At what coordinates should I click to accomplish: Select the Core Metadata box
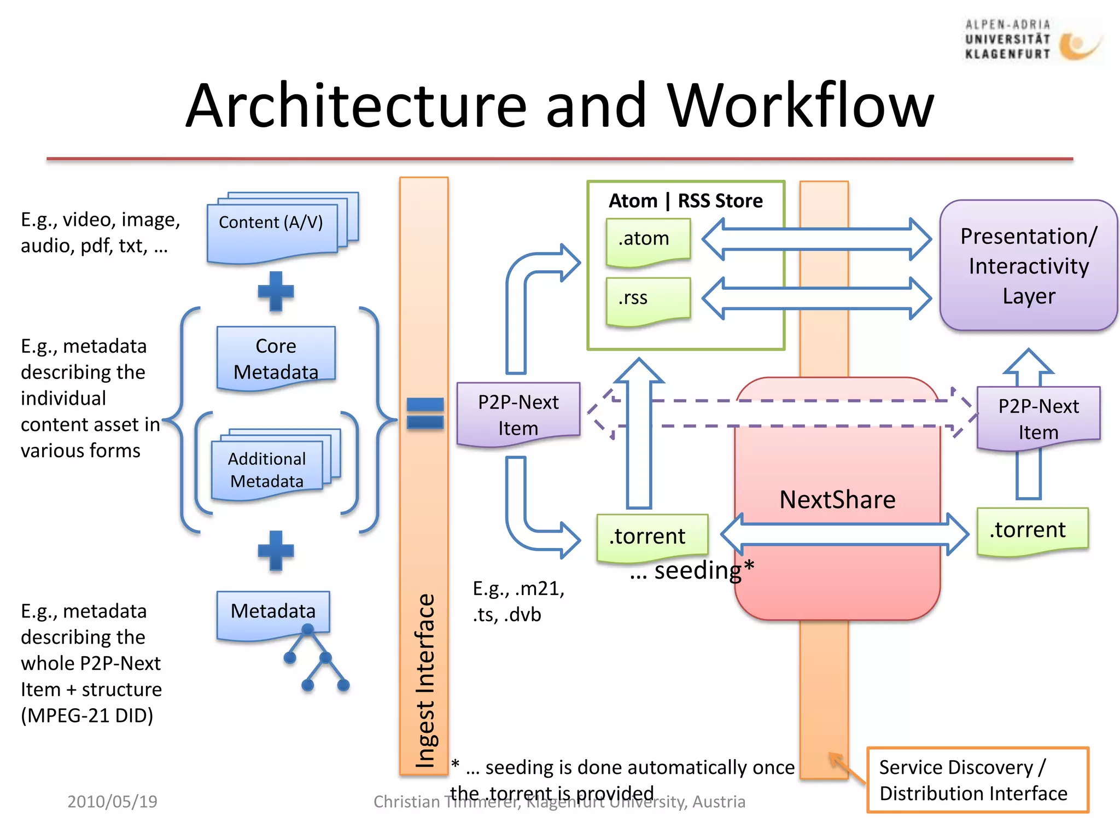pyautogui.click(x=276, y=358)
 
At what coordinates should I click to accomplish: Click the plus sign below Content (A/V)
pyautogui.click(x=276, y=291)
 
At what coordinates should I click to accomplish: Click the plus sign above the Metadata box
pyautogui.click(x=276, y=550)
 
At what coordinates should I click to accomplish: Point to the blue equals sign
pyautogui.click(x=425, y=413)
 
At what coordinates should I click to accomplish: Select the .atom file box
pyautogui.click(x=648, y=241)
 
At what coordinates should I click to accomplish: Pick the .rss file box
pyautogui.click(x=648, y=300)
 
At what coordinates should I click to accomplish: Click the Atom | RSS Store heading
pyautogui.click(x=685, y=201)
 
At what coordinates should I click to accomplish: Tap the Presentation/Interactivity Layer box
pyautogui.click(x=1028, y=266)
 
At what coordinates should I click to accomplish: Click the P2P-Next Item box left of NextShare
pyautogui.click(x=518, y=415)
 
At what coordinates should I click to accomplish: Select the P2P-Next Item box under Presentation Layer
pyautogui.click(x=1038, y=418)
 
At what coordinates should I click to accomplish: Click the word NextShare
pyautogui.click(x=837, y=500)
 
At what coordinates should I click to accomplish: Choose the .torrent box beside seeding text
pyautogui.click(x=652, y=537)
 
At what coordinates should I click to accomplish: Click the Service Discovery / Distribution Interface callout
pyautogui.click(x=977, y=780)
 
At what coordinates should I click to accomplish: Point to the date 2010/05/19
pyautogui.click(x=112, y=802)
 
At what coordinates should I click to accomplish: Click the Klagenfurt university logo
pyautogui.click(x=1032, y=40)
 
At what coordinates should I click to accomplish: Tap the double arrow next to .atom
pyautogui.click(x=816, y=240)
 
